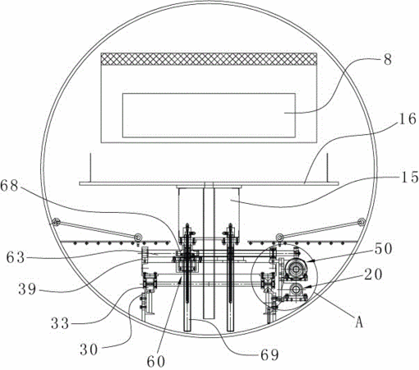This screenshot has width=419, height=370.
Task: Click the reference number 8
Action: [x=388, y=60]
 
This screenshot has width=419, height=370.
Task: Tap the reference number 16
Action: [x=407, y=119]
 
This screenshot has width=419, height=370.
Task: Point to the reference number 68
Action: [x=9, y=186]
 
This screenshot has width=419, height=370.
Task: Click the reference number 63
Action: [x=16, y=258]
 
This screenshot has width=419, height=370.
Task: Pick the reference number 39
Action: [x=27, y=289]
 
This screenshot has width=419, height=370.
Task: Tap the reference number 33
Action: [x=59, y=324]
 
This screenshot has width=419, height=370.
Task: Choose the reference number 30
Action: [x=89, y=349]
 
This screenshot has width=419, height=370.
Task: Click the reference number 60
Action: [x=156, y=362]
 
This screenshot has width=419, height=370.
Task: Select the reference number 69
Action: [x=269, y=355]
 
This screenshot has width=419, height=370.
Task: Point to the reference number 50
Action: [x=383, y=249]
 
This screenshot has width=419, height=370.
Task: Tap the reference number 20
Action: [x=373, y=275]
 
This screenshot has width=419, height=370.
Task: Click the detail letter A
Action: [x=359, y=321]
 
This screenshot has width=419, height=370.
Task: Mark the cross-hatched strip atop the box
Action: [x=209, y=59]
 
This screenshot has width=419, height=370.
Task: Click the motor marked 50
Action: [x=296, y=270]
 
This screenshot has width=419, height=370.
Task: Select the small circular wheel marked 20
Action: [x=296, y=289]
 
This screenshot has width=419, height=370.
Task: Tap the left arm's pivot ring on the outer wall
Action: [x=56, y=222]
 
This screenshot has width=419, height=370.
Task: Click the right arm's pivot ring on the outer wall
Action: [x=361, y=222]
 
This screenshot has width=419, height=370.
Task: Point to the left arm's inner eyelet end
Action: [x=137, y=237]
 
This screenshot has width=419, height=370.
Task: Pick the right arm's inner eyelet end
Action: [x=279, y=237]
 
